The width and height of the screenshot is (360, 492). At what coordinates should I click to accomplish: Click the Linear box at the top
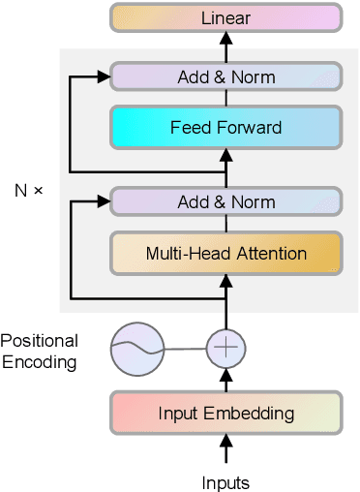(225, 17)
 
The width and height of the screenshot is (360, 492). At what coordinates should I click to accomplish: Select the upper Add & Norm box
(225, 77)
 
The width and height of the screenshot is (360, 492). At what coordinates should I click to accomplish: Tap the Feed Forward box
(225, 127)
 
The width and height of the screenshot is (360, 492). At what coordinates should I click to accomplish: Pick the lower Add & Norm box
(225, 202)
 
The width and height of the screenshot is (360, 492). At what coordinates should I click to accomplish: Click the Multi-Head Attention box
(225, 254)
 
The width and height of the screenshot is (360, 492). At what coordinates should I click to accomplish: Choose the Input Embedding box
(225, 414)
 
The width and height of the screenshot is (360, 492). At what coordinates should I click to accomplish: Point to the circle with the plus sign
(225, 349)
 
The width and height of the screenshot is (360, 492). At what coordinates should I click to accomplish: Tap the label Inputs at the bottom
(225, 481)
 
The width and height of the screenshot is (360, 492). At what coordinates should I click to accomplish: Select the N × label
(29, 190)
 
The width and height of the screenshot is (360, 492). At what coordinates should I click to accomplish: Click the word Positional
(40, 341)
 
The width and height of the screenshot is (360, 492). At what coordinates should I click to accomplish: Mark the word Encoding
(39, 363)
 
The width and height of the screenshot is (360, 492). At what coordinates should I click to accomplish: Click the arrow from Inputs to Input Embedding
(225, 450)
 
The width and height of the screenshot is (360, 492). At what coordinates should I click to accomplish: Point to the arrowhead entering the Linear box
(225, 38)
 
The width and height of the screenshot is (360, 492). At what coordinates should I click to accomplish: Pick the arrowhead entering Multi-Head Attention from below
(225, 281)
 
